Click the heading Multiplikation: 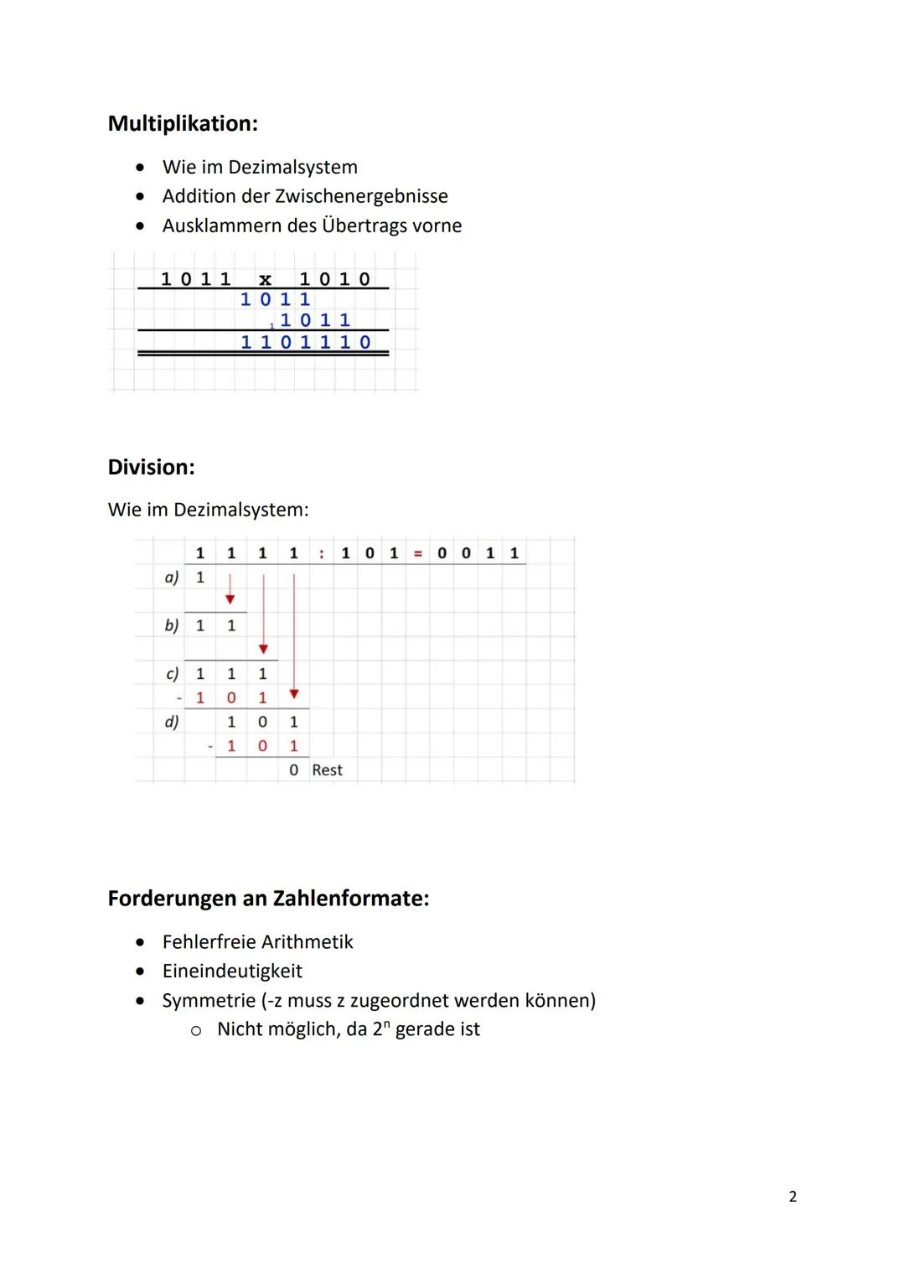pyautogui.click(x=183, y=124)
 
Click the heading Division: pyautogui.click(x=151, y=467)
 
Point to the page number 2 pyautogui.click(x=793, y=1197)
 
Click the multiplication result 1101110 pyautogui.click(x=305, y=342)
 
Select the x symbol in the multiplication pyautogui.click(x=265, y=280)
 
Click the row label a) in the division pyautogui.click(x=171, y=578)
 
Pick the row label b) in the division pyautogui.click(x=171, y=625)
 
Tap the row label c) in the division pyautogui.click(x=172, y=673)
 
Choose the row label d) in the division pyautogui.click(x=171, y=722)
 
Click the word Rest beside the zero pyautogui.click(x=327, y=770)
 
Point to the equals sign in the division pyautogui.click(x=417, y=553)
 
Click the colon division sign pyautogui.click(x=322, y=553)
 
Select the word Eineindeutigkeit pyautogui.click(x=232, y=971)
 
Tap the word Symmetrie pyautogui.click(x=209, y=1000)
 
